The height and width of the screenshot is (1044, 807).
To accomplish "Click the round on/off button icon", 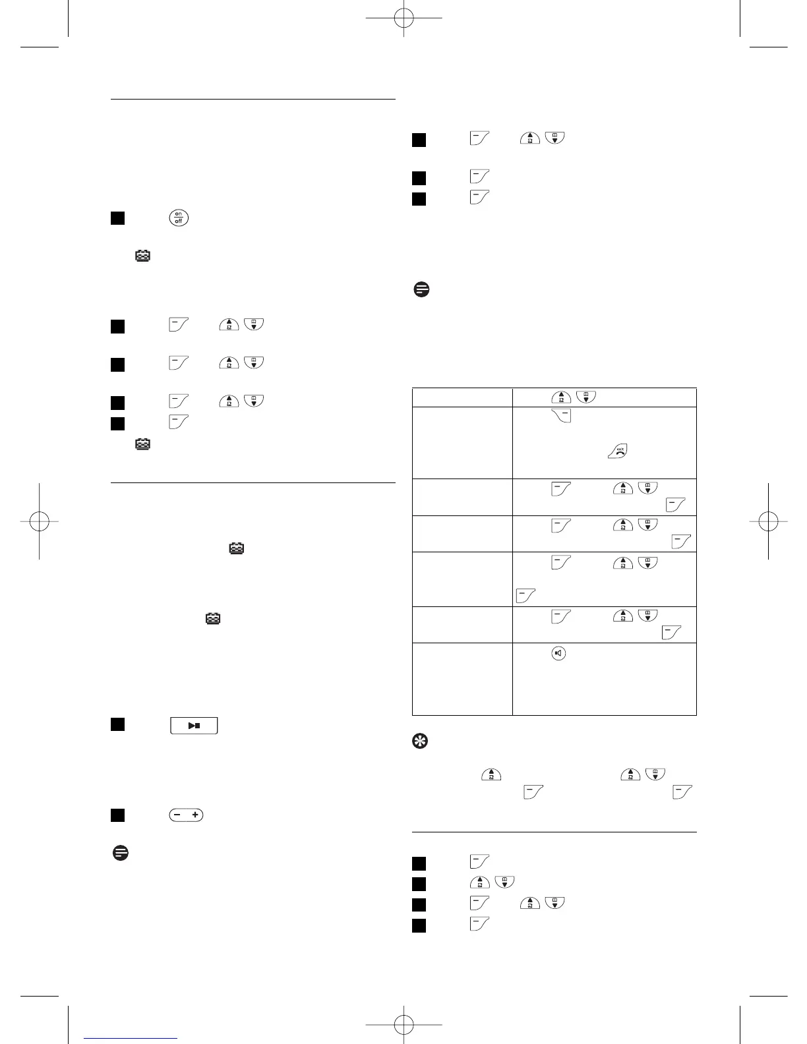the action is point(179,217).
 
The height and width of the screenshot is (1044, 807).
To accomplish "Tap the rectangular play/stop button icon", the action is point(194,726).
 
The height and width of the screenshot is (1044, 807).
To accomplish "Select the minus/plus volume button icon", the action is point(186,815).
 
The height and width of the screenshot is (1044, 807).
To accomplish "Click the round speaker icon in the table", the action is point(558,654).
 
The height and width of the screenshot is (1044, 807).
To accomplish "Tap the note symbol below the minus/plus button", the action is point(119,853).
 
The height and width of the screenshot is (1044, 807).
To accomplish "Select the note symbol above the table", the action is point(421,289).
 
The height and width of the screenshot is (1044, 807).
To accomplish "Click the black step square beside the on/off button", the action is point(117,218).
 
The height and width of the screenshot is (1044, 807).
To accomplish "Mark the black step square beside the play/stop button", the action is point(117,724).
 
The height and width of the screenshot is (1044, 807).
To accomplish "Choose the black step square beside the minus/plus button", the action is point(117,815).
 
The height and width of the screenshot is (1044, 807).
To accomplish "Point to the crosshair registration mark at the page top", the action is point(403,18).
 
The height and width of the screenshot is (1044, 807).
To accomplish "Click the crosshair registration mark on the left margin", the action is point(40,521).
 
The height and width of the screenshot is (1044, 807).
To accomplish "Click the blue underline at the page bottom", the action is point(131,1039).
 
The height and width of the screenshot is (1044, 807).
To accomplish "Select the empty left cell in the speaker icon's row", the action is point(462,678).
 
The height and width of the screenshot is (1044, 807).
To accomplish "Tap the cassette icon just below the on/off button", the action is point(142,256).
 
